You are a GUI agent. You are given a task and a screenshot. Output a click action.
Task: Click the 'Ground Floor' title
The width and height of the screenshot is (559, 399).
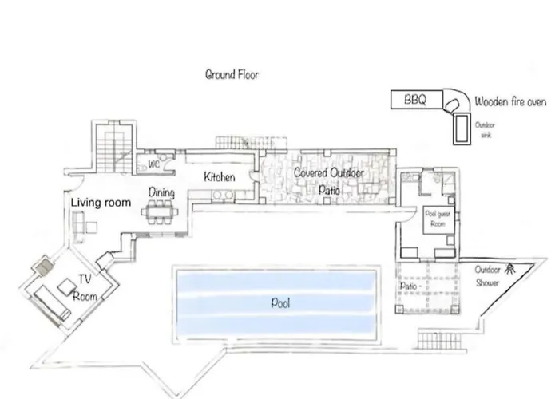(232, 74)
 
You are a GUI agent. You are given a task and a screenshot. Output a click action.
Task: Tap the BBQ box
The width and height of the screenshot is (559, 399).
(417, 100)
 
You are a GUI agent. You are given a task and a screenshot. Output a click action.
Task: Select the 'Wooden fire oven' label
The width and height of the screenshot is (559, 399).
(510, 101)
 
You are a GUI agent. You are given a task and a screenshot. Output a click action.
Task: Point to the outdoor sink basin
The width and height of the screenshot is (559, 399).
(462, 128)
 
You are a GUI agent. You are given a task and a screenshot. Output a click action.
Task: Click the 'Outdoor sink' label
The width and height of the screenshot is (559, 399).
(485, 129)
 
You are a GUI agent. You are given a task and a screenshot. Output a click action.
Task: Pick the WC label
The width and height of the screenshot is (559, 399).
(153, 164)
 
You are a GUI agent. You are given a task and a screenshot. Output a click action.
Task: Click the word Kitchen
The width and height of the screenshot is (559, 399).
(220, 176)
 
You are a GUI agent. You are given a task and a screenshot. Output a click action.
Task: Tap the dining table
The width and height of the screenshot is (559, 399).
(160, 212)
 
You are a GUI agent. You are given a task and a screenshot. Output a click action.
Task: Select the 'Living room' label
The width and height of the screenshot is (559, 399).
(101, 203)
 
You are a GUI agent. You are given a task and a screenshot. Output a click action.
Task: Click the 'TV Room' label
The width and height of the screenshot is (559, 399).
(85, 288)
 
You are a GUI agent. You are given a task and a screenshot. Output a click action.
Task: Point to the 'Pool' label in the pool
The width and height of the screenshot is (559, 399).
(280, 302)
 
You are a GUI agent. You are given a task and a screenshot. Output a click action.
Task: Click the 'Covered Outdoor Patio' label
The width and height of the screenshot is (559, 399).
(329, 181)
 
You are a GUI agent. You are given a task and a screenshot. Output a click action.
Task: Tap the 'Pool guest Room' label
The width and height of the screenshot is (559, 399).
(438, 219)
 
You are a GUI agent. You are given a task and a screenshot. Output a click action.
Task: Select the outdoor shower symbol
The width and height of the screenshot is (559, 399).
(510, 268)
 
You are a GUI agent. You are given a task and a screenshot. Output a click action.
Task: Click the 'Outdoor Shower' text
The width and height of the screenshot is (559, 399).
(487, 276)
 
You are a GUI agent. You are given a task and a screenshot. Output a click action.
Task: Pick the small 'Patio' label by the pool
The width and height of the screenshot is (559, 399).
(409, 286)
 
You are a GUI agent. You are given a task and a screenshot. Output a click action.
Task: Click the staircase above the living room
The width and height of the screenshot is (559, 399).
(113, 148)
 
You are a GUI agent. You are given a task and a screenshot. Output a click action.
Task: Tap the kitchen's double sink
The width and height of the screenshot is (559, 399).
(223, 195)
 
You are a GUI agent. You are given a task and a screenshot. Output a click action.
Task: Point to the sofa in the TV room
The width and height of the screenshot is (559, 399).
(52, 302)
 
